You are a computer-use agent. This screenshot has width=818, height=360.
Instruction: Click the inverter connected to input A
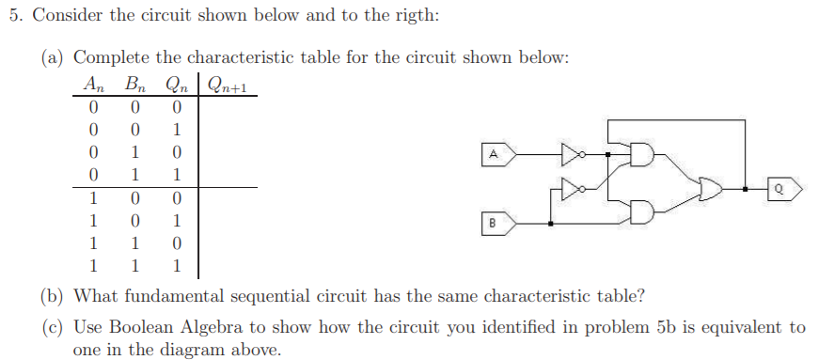pyautogui.click(x=572, y=152)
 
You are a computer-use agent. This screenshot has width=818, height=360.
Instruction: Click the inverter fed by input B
pyautogui.click(x=572, y=187)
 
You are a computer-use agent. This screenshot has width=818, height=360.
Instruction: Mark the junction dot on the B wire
pyautogui.click(x=551, y=224)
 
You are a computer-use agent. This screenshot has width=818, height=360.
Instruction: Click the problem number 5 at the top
pyautogui.click(x=14, y=17)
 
